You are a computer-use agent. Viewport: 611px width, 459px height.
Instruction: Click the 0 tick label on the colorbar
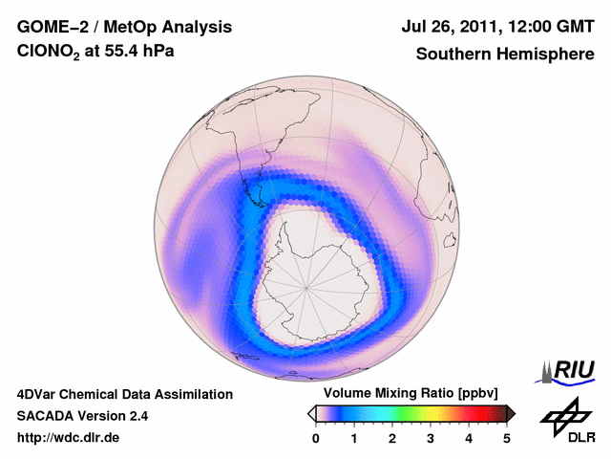tap(316, 438)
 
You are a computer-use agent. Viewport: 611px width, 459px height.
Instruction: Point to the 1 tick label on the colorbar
tap(354, 438)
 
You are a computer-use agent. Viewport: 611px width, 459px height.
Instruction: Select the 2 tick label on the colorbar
tap(392, 438)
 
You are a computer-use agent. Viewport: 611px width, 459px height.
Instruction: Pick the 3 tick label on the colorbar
tap(431, 438)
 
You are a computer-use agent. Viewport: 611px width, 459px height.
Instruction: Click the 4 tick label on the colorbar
tap(469, 438)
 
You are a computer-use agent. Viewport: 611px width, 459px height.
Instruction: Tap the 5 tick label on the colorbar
tap(507, 438)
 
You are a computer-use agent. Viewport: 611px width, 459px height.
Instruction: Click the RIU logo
tap(570, 369)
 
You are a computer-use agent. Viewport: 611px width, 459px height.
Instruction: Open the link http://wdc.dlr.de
tap(69, 438)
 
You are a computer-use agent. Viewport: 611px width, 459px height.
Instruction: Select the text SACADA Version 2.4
tap(82, 416)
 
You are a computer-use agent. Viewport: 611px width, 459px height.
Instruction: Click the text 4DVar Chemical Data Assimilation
tap(124, 394)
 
